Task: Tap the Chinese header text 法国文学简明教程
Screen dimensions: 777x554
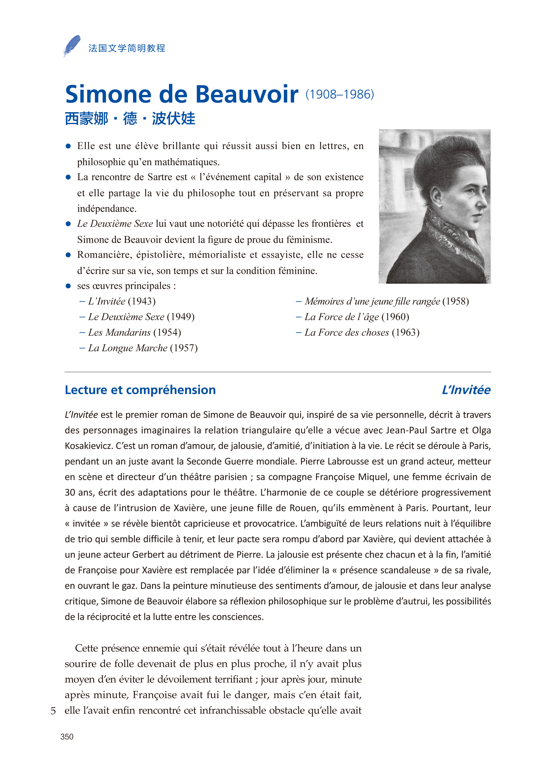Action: click(x=127, y=48)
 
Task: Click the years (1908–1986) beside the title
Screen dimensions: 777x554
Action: click(x=340, y=94)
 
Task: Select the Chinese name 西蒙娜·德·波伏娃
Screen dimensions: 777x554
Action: click(x=130, y=119)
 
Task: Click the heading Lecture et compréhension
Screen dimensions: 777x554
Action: click(x=140, y=390)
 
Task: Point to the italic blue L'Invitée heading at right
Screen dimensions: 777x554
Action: click(x=466, y=390)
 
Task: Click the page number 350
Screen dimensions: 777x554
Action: click(x=67, y=737)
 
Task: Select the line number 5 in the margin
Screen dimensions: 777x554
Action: click(x=53, y=711)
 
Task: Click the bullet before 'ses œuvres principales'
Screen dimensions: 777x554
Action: click(x=68, y=286)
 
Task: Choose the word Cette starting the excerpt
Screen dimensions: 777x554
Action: click(x=87, y=648)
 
